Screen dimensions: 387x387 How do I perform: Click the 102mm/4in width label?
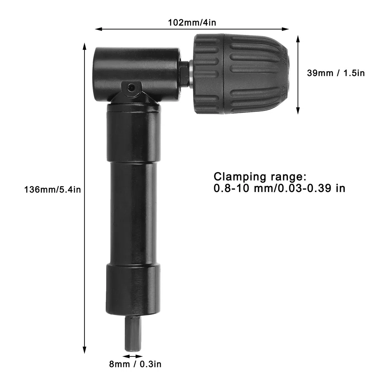click(192, 23)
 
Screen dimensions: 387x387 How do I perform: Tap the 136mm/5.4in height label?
click(53, 190)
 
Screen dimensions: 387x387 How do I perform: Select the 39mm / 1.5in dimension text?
click(336, 73)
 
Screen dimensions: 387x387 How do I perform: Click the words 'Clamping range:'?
click(260, 177)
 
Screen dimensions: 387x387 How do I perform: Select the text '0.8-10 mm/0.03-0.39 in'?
click(279, 188)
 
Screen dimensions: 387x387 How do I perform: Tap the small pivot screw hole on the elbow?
click(132, 87)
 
